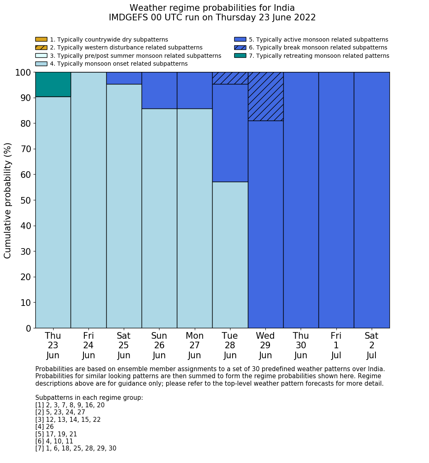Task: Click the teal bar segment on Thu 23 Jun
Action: [x=53, y=84]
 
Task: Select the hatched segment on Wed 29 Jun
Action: [x=265, y=96]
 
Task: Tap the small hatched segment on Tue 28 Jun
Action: [x=230, y=78]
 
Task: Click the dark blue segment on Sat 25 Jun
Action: [x=124, y=78]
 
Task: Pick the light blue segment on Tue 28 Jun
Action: [x=230, y=255]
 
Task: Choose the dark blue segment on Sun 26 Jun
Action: [x=159, y=90]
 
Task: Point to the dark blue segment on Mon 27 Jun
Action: [x=194, y=90]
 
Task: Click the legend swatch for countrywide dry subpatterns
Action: [x=41, y=39]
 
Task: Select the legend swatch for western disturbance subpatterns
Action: [x=41, y=47]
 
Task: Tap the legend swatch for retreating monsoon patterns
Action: [x=240, y=56]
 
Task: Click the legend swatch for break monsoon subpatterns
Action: [x=240, y=47]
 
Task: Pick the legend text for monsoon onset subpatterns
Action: [x=119, y=64]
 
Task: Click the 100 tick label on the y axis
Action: [x=23, y=73]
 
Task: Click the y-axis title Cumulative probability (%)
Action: [x=8, y=200]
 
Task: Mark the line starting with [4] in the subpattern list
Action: [x=44, y=427]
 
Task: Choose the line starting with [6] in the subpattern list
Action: [x=54, y=441]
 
